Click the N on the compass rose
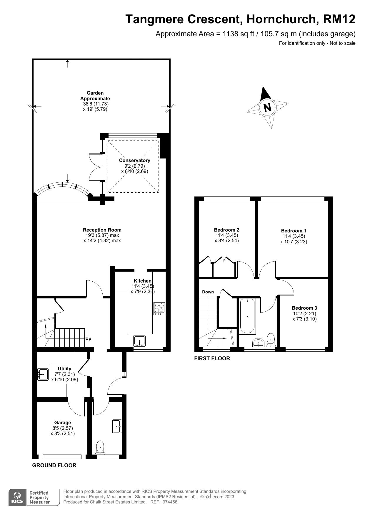267,108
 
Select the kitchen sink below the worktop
139,341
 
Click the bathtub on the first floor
247,316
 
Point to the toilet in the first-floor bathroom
271,339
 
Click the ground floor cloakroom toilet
100,447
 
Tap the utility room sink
43,374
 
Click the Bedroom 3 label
304,308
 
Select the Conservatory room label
134,160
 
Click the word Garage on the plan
62,422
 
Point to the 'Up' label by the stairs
88,338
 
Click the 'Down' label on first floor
208,292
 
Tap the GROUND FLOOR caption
54,465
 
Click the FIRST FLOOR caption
212,359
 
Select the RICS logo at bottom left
18,498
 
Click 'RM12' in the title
339,19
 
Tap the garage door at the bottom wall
62,457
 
